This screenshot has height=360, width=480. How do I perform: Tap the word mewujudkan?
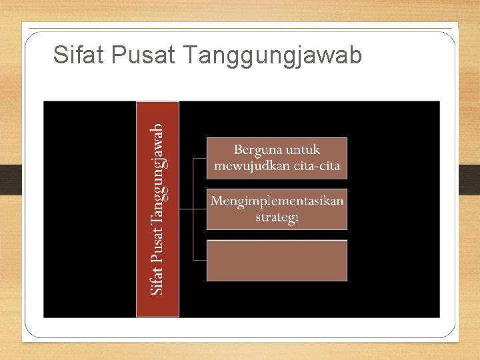tap(251, 165)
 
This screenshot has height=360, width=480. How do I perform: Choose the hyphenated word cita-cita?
tap(316, 165)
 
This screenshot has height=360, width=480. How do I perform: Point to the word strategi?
tap(277, 217)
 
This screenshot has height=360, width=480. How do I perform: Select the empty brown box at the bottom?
tap(277, 261)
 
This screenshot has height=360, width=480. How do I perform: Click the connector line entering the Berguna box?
tap(199, 159)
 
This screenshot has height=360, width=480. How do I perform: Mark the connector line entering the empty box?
tap(199, 260)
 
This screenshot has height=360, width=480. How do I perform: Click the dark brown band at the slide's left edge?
tap(11, 179)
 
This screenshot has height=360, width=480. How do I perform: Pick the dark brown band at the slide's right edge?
tap(469, 179)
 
